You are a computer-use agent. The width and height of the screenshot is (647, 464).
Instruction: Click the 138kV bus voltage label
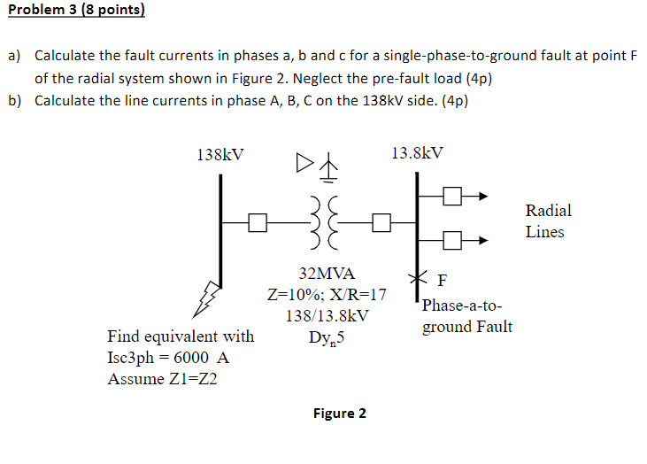(220, 154)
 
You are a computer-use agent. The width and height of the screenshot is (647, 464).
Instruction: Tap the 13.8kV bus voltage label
(416, 152)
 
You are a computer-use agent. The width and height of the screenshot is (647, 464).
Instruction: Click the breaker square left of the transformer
(258, 222)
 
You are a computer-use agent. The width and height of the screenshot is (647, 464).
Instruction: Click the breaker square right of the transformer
(381, 222)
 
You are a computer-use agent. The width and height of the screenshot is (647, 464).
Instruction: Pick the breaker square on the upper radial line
(452, 197)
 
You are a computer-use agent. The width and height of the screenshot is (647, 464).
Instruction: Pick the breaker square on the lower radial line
(452, 238)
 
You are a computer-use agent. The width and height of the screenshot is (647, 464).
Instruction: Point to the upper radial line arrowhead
(483, 197)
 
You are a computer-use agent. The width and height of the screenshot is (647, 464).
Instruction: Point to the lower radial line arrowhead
(483, 238)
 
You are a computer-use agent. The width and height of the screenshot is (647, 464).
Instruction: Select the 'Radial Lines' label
(548, 221)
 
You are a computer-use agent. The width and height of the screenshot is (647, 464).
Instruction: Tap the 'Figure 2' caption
(339, 414)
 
